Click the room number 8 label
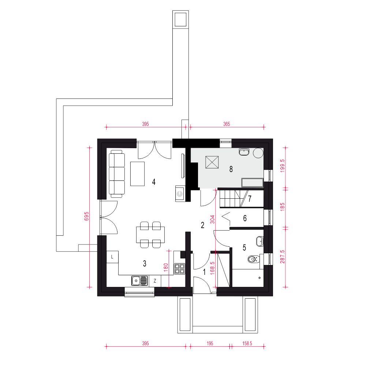coord(231,169)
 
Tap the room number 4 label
coord(154,182)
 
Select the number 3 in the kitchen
coord(145,264)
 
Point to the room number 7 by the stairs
coord(250,199)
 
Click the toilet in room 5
coord(254,259)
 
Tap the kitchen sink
coord(139,281)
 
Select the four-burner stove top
coord(179,268)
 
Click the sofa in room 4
coord(117,174)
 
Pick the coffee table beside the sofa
coord(137,174)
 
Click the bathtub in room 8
coord(252,183)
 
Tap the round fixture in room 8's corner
coord(258,153)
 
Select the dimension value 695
coord(86,216)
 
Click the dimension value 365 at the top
coord(227,124)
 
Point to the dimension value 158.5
coord(247,343)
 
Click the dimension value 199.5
coord(283,166)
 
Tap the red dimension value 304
coord(212,219)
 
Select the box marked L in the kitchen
coord(112,257)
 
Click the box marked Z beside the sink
coord(155,281)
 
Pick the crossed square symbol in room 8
coord(212,162)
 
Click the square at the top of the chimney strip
coord(180,19)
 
